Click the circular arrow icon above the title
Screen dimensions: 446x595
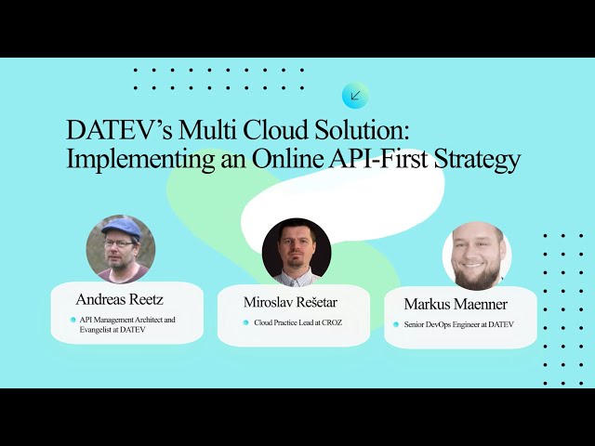click(354, 95)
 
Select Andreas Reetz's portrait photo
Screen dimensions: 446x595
click(121, 248)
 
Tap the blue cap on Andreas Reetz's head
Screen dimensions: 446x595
click(121, 228)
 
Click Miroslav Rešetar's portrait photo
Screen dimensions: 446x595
click(297, 251)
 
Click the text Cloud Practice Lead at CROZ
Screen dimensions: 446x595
click(297, 322)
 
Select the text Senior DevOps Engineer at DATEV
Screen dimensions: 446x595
click(458, 324)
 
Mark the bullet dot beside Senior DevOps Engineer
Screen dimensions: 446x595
click(395, 324)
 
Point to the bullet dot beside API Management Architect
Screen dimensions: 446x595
click(73, 320)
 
